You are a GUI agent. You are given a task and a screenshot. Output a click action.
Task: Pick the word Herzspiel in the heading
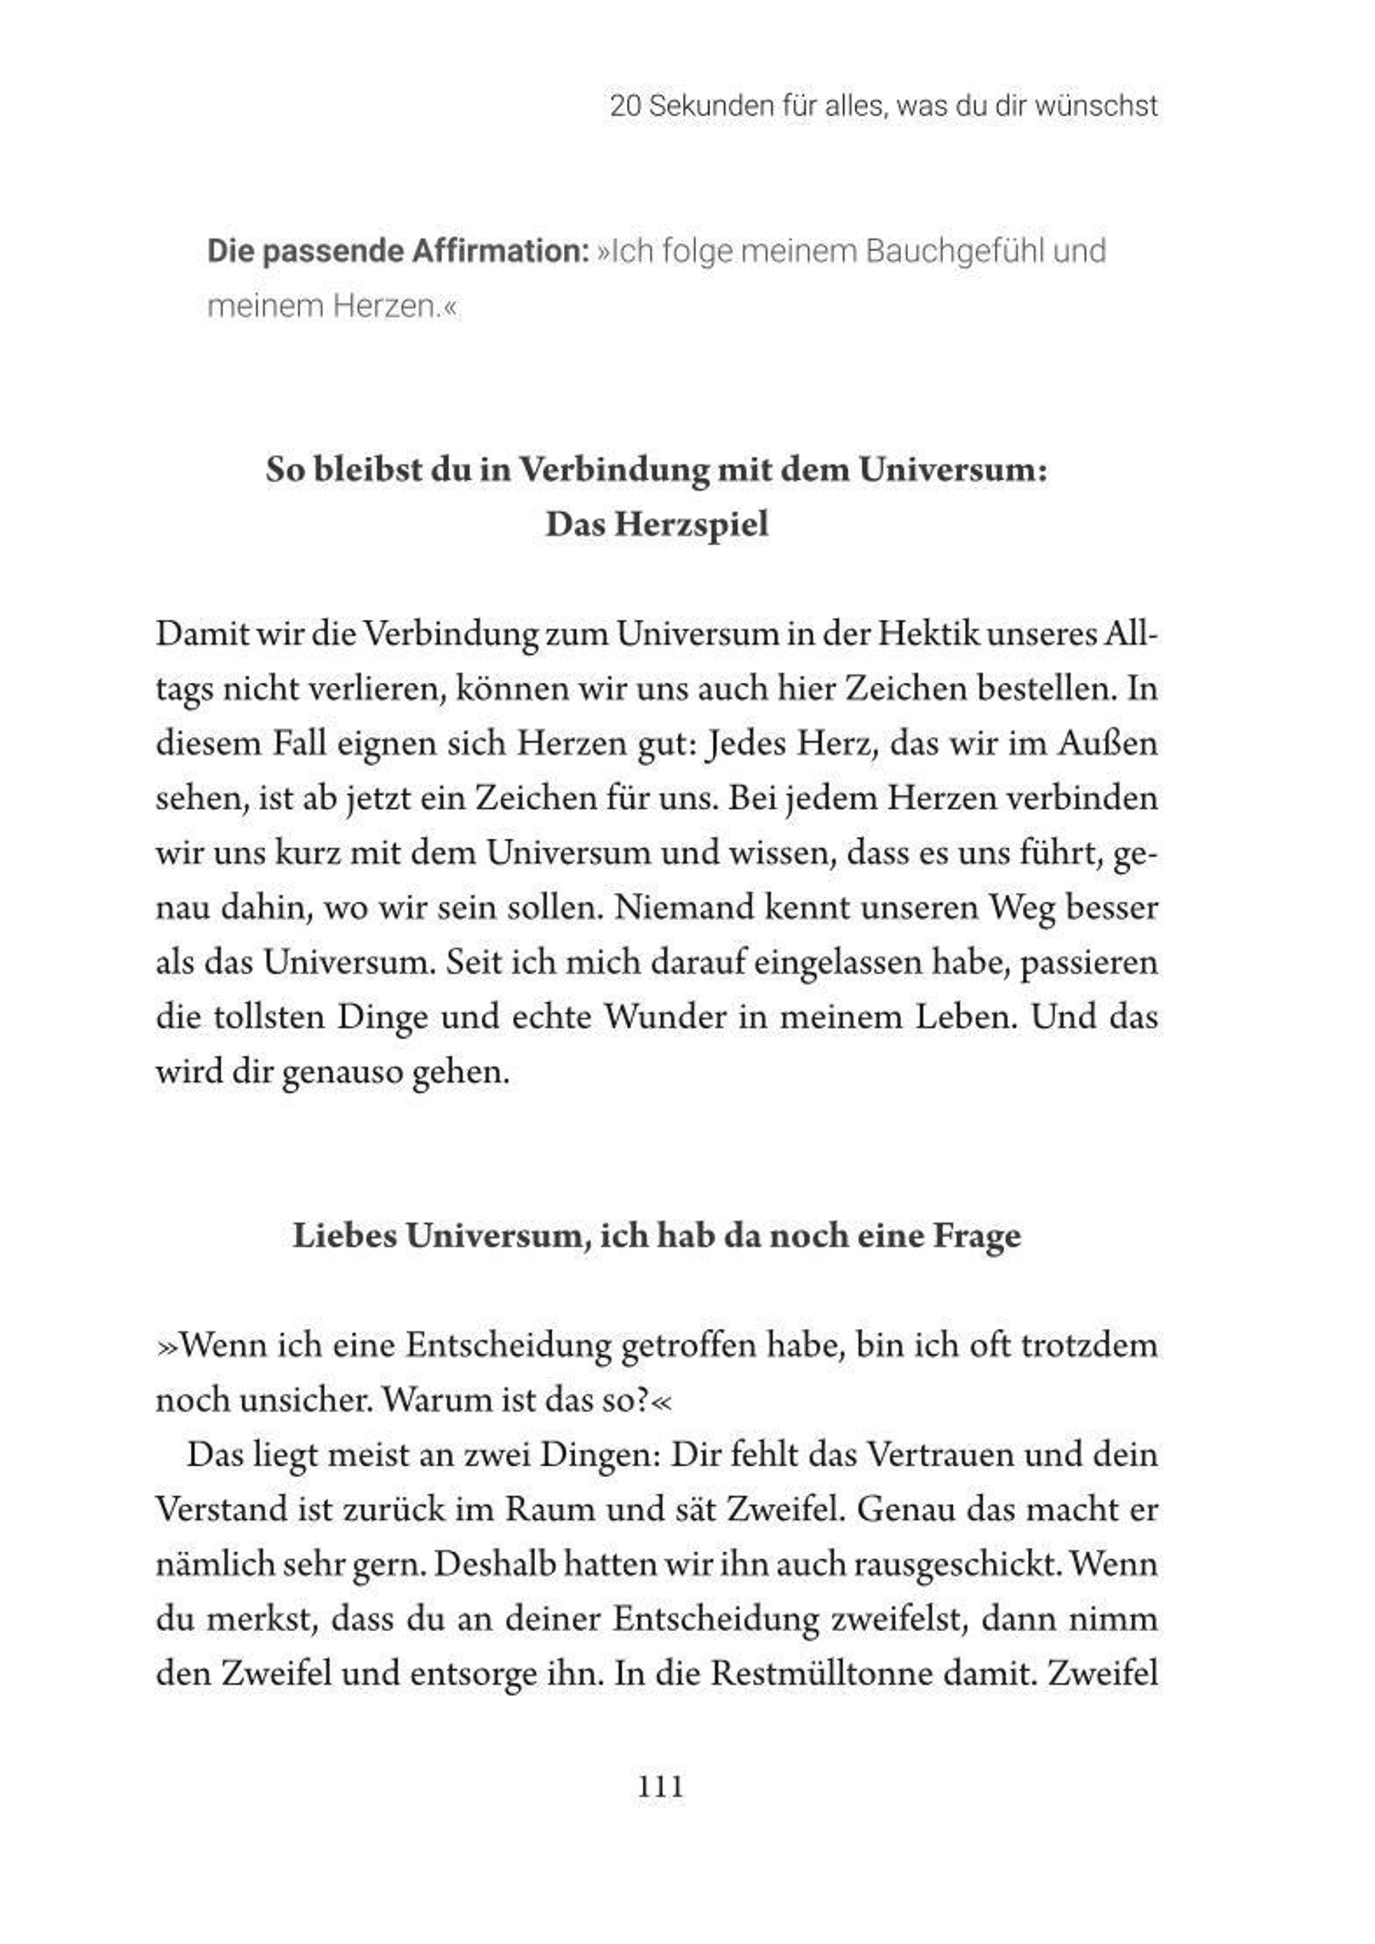[x=692, y=524]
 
